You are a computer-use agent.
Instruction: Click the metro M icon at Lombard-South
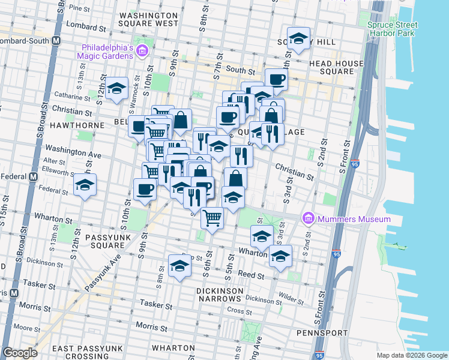coord(56,41)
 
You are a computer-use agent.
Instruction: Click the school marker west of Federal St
coord(85,185)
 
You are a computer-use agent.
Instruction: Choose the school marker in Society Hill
coord(298,40)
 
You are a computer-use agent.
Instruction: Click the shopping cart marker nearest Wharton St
coord(212,218)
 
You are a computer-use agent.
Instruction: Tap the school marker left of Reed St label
coord(179,266)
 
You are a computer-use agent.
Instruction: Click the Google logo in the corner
coord(19,353)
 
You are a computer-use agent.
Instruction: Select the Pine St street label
coord(79,8)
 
